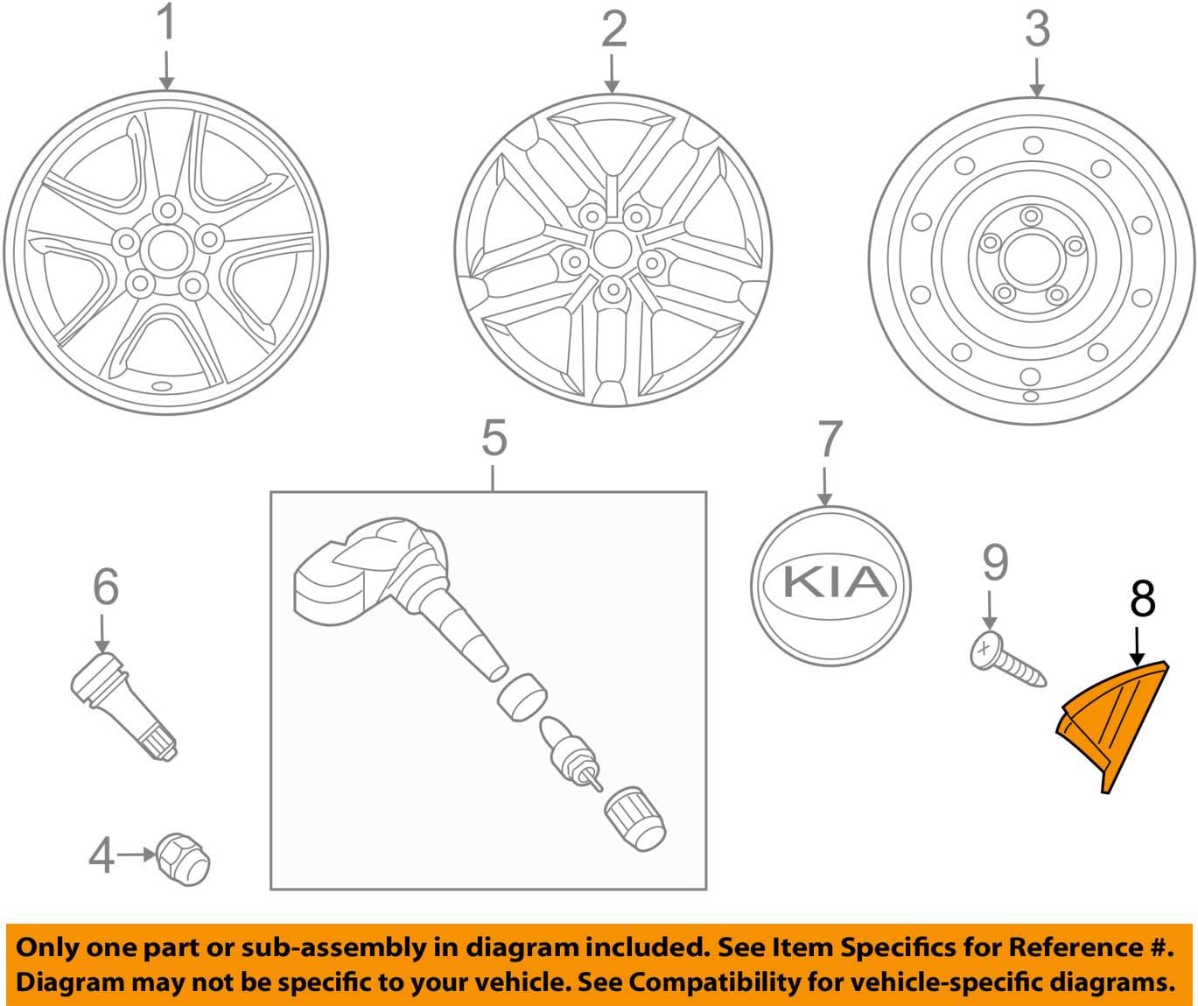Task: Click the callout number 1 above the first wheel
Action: pos(165,24)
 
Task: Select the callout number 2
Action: pos(613,29)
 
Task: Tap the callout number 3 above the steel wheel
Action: pos(1037,29)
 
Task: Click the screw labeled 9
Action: pos(1006,660)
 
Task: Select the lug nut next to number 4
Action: pos(184,858)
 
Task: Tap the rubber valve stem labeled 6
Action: pos(123,704)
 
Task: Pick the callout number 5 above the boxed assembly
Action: pos(494,438)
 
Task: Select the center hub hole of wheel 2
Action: pos(612,249)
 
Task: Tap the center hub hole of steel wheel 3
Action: pos(1030,258)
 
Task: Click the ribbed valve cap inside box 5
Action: pos(635,818)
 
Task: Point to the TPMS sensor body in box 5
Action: pos(350,573)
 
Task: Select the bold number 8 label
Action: pos(1142,599)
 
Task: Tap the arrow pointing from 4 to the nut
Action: pos(136,854)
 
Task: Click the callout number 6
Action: pos(105,587)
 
